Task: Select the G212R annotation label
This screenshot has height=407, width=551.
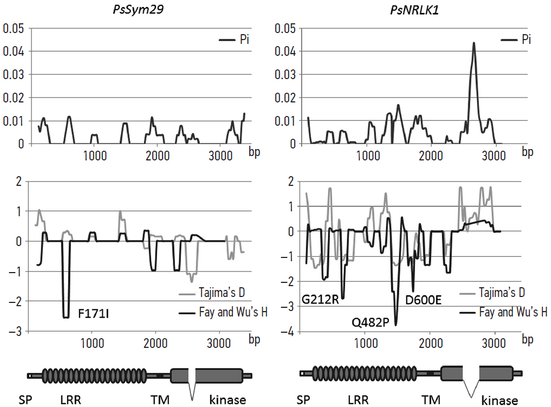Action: tap(320, 299)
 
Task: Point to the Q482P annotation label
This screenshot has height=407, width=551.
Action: tap(371, 321)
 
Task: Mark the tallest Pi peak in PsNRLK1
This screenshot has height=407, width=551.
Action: tap(474, 43)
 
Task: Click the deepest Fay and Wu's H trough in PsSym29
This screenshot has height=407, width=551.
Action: tap(66, 316)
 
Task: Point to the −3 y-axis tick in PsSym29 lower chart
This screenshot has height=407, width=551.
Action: tap(19, 331)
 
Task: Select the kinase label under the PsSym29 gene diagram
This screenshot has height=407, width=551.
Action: tap(228, 400)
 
